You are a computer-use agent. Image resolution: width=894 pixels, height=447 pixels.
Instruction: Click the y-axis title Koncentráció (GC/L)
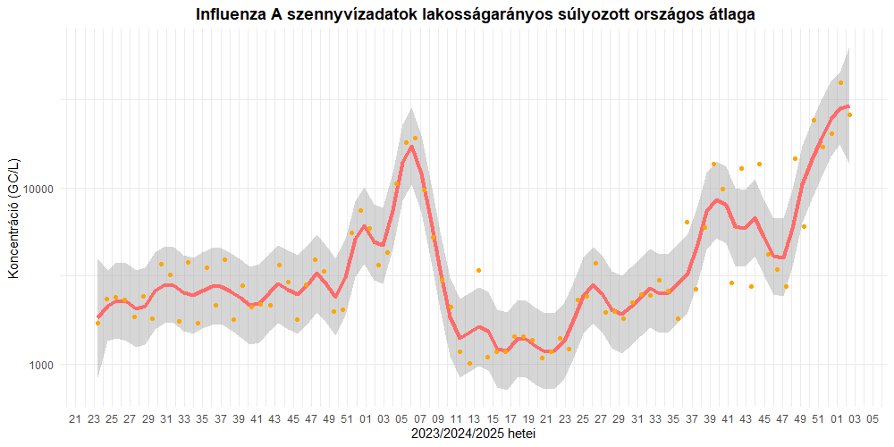click(x=13, y=218)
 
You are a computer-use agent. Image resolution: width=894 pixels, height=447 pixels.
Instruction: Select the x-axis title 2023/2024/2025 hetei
click(x=474, y=434)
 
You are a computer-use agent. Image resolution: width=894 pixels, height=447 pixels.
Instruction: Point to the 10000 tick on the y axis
click(x=38, y=190)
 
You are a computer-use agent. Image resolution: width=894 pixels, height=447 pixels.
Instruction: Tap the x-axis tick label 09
click(x=438, y=418)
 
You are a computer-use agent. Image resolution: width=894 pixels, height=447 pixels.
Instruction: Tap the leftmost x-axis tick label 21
click(x=75, y=418)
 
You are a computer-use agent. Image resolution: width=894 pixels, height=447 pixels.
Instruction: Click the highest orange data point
click(x=840, y=82)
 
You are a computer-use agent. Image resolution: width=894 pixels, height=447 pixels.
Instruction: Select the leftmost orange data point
click(x=97, y=323)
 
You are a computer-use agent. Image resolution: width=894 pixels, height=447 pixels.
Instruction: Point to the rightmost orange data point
click(x=849, y=114)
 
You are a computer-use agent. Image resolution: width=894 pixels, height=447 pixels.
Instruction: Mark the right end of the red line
click(x=848, y=106)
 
